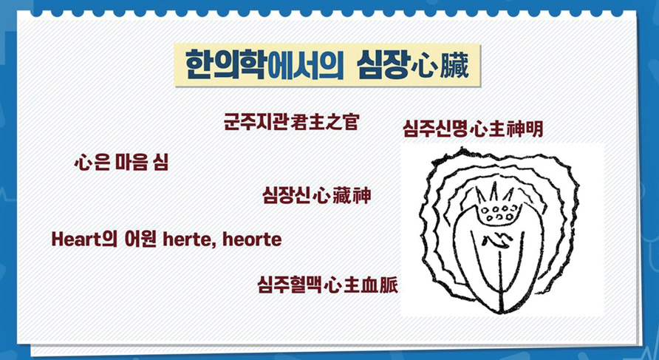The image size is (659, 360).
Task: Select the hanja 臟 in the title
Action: (x=454, y=67)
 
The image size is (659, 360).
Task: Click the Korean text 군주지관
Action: (x=256, y=121)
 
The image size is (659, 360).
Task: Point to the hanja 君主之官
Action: (x=324, y=121)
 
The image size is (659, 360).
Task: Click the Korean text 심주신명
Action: (x=436, y=129)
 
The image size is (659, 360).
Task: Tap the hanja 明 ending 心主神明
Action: (x=533, y=129)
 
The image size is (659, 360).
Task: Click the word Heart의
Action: (x=84, y=240)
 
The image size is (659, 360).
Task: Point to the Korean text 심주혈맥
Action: (x=290, y=285)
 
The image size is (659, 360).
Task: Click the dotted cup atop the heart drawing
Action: (x=499, y=213)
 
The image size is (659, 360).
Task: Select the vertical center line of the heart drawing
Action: (x=499, y=282)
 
